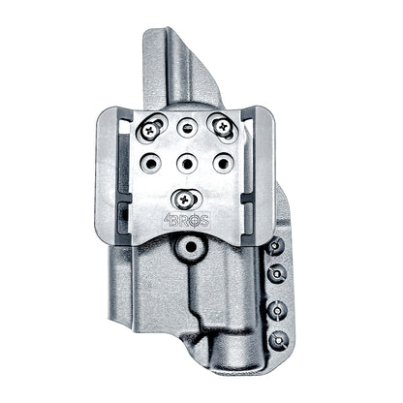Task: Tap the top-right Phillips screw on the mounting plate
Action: coord(223,126)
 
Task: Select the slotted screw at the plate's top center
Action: coord(188,126)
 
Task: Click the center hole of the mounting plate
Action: coord(187,161)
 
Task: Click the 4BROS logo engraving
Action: coord(186,218)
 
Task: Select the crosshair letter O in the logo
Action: coord(196,218)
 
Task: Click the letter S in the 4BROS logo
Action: coord(207,218)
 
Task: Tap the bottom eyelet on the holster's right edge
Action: coord(279,340)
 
